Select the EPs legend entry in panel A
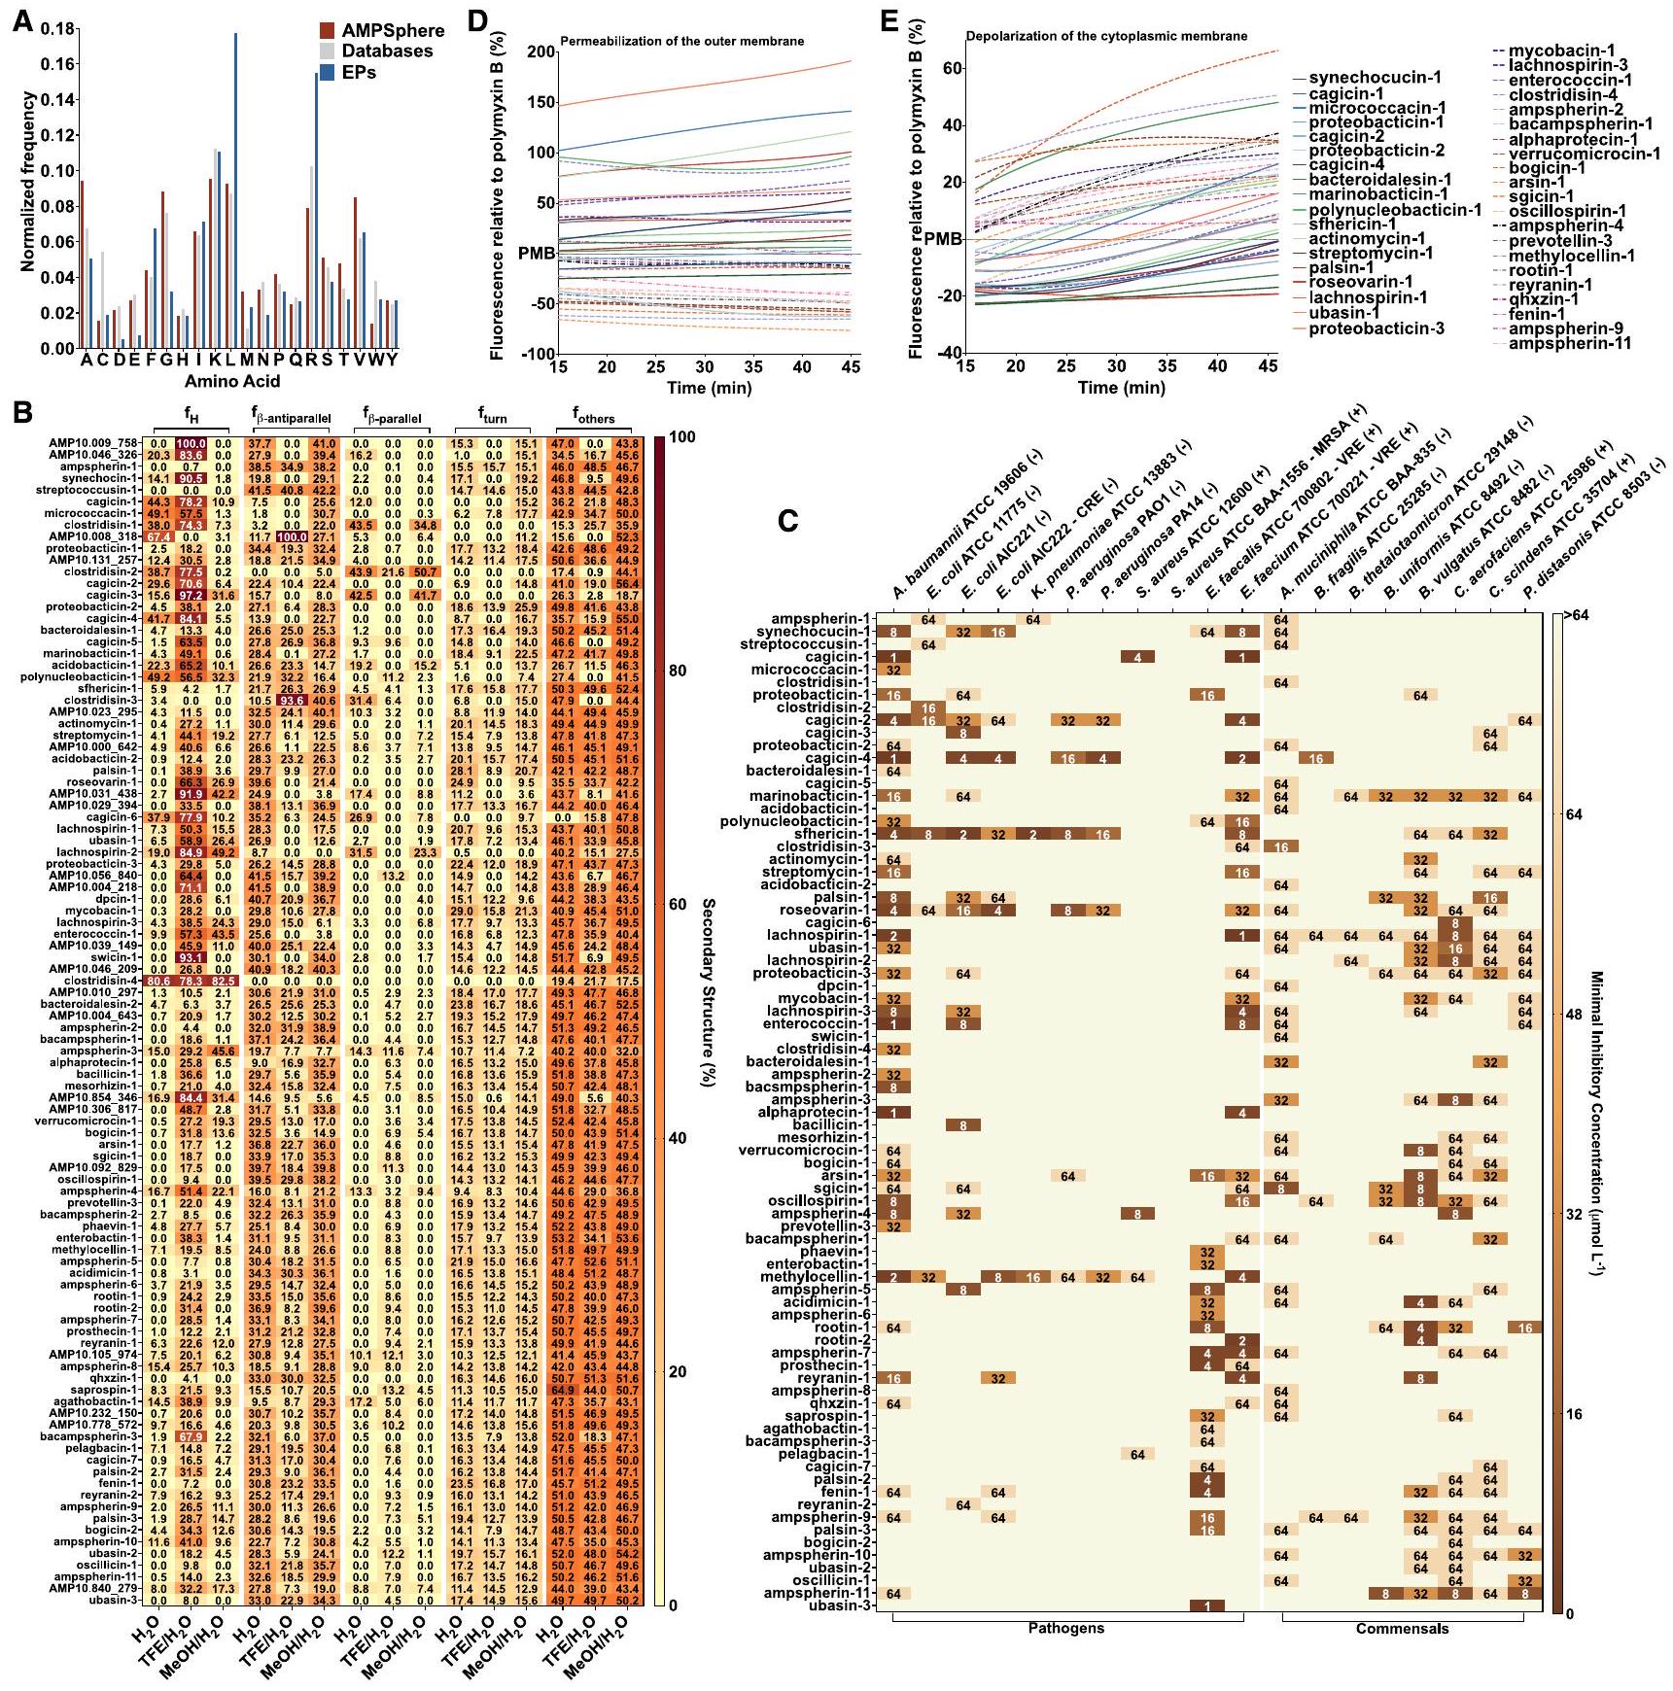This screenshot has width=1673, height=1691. point(358,72)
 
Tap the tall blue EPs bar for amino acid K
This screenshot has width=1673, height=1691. point(234,190)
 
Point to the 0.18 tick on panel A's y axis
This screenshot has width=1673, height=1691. point(59,29)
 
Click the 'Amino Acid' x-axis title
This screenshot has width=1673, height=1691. point(232,382)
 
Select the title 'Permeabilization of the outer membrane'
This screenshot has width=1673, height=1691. point(681,41)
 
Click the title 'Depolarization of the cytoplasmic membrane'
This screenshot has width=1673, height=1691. point(1105,36)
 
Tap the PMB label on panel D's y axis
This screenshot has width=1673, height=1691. point(538,254)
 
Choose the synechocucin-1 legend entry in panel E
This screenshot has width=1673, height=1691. point(1374,78)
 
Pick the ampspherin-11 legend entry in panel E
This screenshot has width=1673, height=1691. point(1569,342)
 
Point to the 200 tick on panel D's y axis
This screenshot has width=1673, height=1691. point(541,52)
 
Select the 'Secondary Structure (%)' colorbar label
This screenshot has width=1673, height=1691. point(707,991)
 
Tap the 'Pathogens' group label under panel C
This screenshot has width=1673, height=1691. point(1065,1628)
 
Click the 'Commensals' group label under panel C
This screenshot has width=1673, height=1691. point(1401,1628)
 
